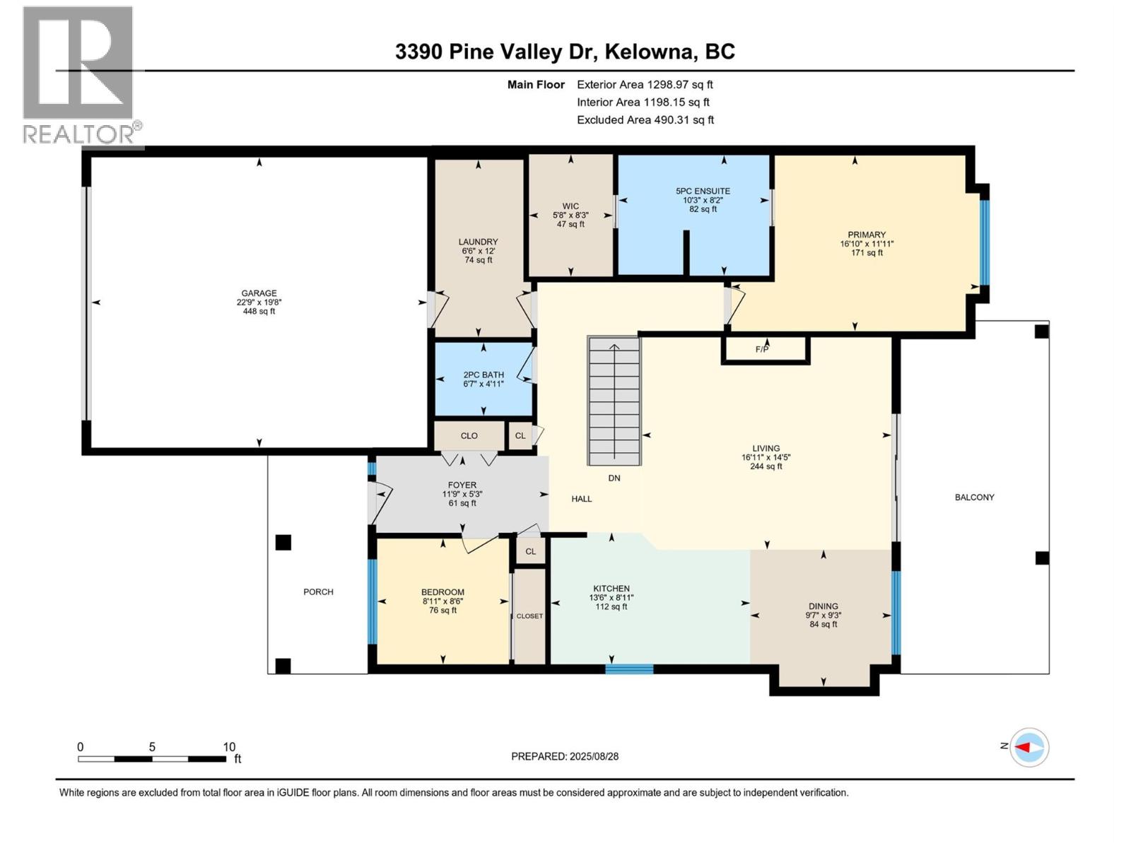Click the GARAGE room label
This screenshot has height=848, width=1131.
(x=259, y=293)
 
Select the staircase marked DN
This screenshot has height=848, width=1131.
(x=614, y=401)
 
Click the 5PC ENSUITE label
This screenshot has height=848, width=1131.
(x=703, y=191)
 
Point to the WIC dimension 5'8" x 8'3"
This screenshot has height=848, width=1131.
(x=570, y=216)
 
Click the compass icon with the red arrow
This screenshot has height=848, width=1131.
(x=1029, y=747)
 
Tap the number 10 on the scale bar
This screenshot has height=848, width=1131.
(x=229, y=747)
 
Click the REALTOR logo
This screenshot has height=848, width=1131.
(x=78, y=75)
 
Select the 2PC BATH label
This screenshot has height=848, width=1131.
(x=484, y=375)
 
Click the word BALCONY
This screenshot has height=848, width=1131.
(x=974, y=497)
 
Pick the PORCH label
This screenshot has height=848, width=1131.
(x=318, y=592)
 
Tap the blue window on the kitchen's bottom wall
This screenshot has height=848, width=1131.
(x=629, y=669)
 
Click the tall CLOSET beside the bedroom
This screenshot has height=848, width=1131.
(x=529, y=616)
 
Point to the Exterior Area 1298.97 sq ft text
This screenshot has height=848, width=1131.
(x=645, y=85)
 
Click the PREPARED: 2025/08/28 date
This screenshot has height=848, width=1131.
(x=565, y=756)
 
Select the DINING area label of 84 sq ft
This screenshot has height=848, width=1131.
(x=823, y=606)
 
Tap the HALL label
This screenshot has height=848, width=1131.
(x=582, y=499)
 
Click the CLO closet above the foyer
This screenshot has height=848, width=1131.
(x=469, y=436)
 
